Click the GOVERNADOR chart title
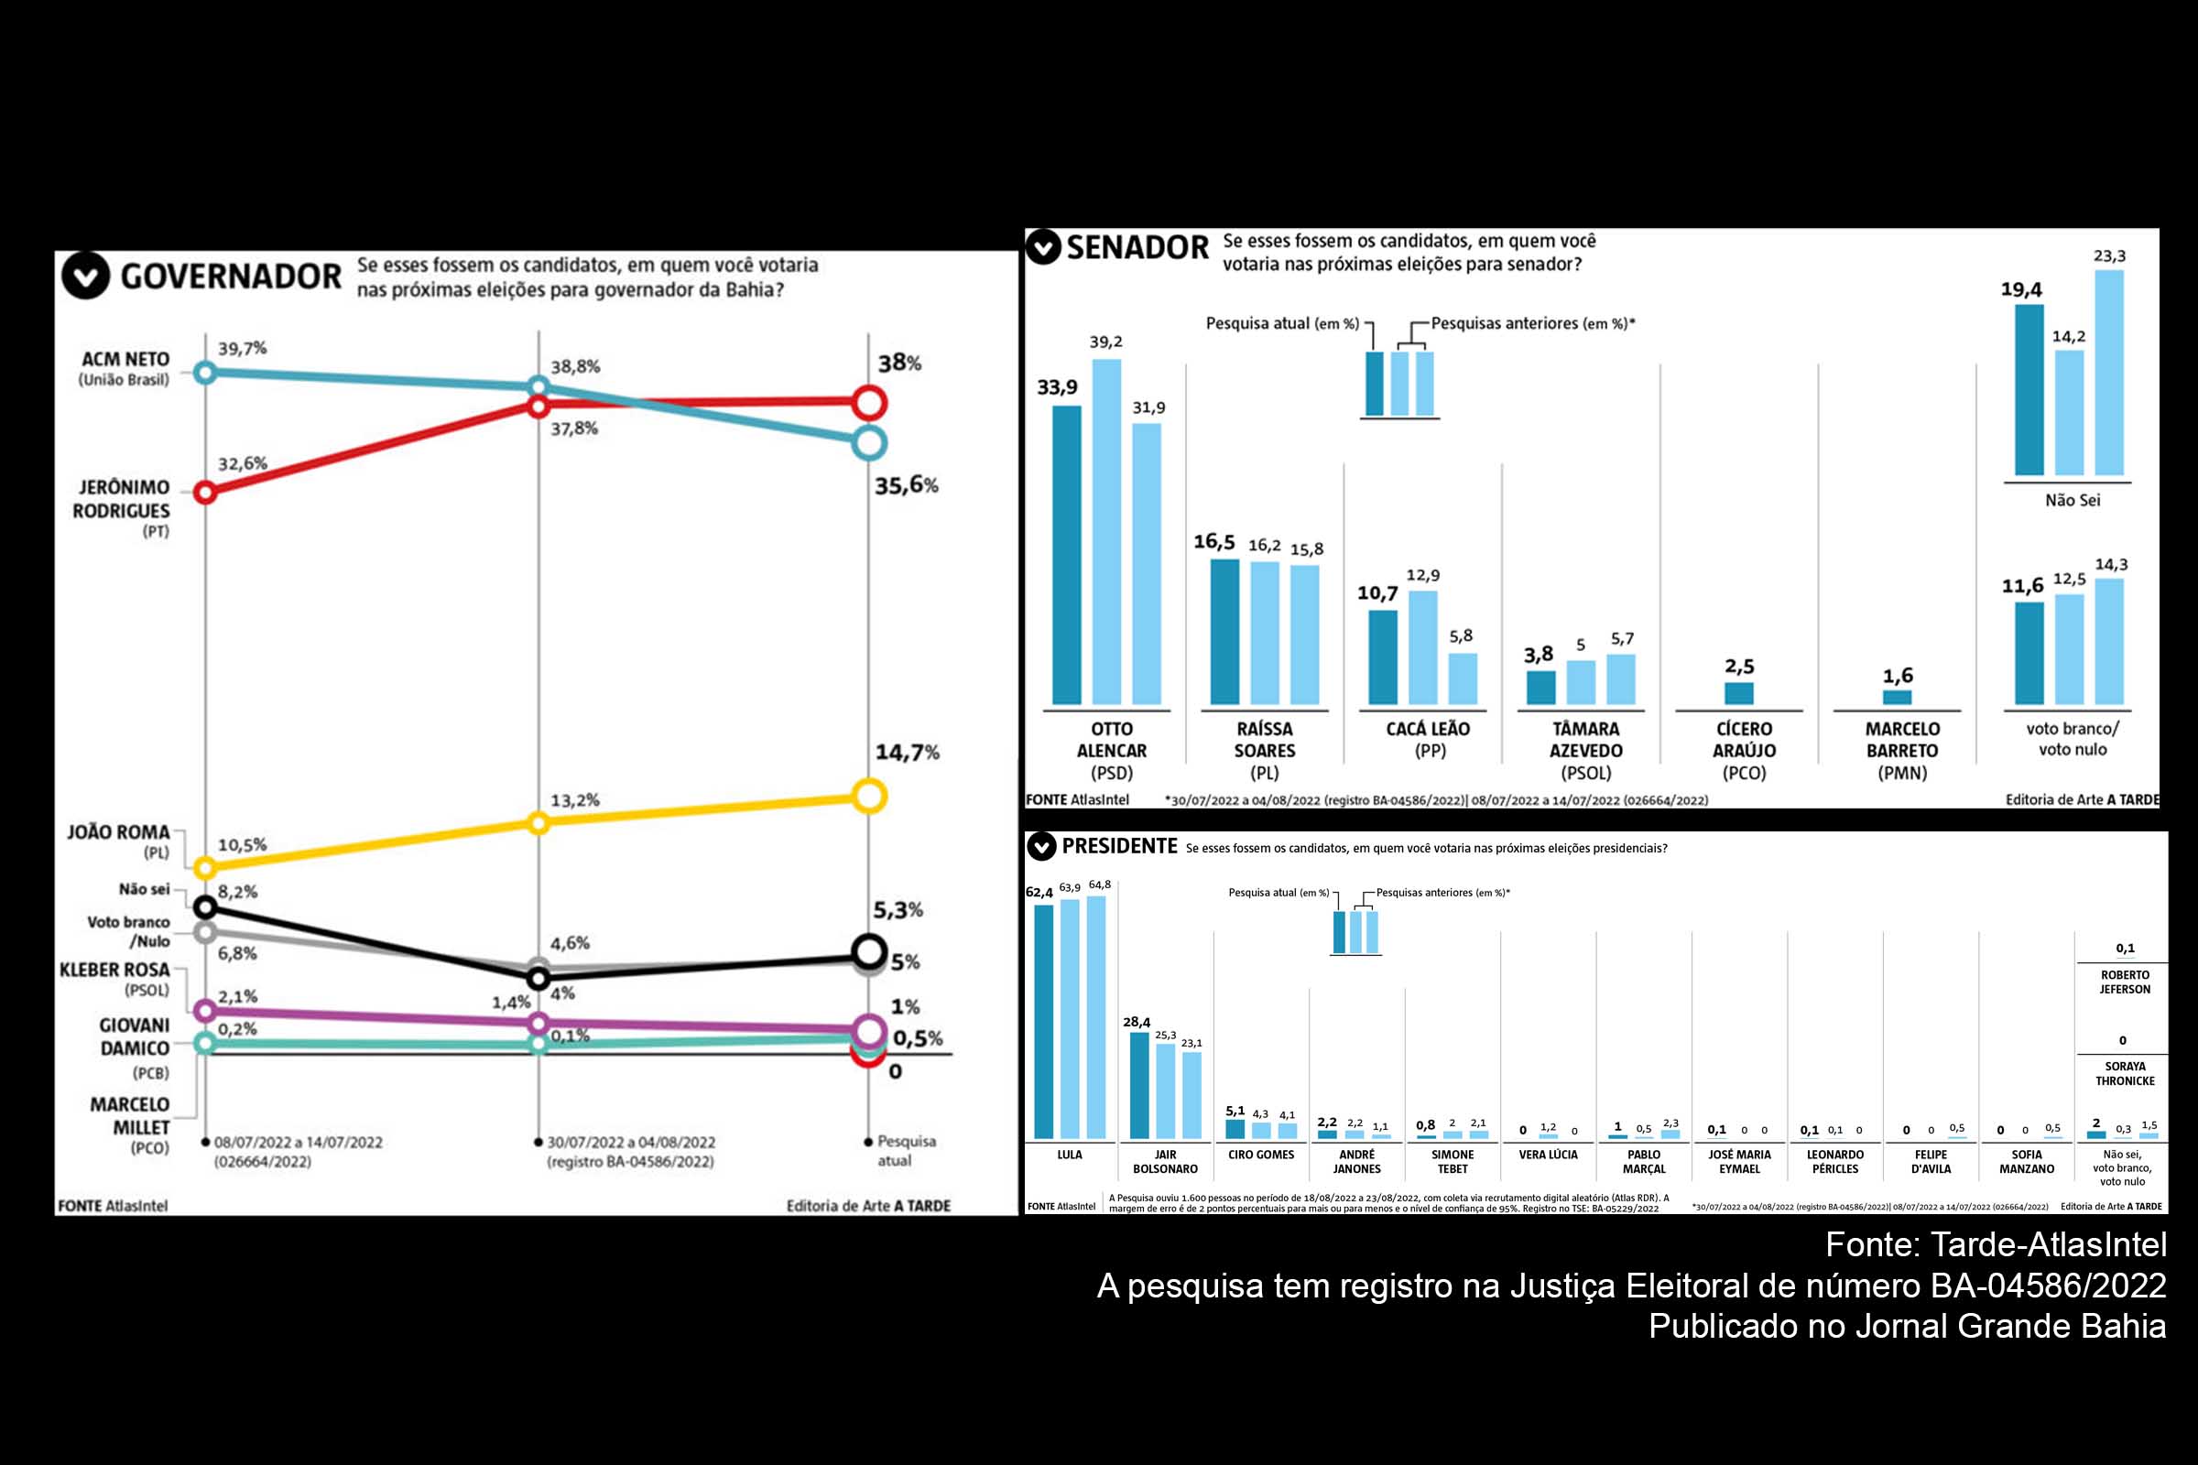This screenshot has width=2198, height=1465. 230,277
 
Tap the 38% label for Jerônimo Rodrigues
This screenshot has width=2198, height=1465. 899,364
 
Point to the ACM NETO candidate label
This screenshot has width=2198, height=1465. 125,360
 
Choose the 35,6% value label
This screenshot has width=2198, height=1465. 906,486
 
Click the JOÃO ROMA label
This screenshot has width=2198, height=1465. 118,832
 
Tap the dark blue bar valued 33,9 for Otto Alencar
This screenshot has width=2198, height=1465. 1066,556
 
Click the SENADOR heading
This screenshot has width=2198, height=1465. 1137,248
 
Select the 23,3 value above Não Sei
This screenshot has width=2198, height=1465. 2109,256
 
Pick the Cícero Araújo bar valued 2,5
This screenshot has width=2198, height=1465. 1738,693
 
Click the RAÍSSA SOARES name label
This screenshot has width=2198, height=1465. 1264,740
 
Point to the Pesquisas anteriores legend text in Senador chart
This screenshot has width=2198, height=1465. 1531,324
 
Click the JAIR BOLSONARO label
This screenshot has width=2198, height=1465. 1164,1161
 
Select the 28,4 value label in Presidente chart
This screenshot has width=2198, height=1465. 1137,1022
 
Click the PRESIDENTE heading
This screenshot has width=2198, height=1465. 1118,846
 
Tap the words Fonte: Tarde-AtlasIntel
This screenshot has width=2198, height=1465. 1996,1245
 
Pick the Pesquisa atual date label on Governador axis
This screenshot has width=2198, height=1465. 905,1151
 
